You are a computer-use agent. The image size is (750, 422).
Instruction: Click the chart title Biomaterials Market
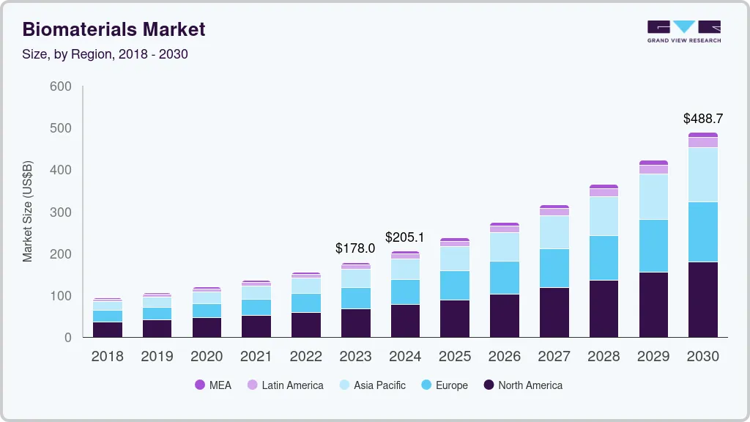click(114, 29)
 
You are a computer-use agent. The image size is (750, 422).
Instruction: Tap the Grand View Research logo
click(684, 31)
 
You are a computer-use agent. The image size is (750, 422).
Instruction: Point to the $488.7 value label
click(702, 118)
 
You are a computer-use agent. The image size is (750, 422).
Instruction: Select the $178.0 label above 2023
click(355, 248)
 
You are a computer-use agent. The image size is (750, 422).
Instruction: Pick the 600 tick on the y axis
click(60, 86)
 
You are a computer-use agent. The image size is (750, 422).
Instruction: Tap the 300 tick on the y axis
click(60, 212)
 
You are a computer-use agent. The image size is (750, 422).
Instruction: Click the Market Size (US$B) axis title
click(28, 212)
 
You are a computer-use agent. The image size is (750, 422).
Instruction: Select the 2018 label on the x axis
click(107, 356)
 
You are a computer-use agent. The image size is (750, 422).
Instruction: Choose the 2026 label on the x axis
click(505, 356)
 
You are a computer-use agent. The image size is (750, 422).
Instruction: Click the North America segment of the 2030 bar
click(702, 299)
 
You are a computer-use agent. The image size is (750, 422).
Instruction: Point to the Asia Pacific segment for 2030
click(702, 174)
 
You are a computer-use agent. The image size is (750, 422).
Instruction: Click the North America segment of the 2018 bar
click(107, 329)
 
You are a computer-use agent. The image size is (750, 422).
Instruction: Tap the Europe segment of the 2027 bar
click(554, 267)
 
